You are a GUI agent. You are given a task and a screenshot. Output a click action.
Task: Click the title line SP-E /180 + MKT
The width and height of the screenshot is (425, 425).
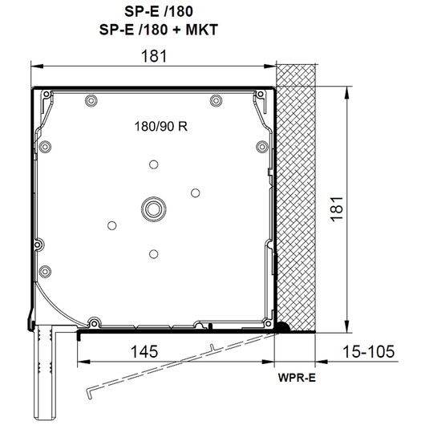159,30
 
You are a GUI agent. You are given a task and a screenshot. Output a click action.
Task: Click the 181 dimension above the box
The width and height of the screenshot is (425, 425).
154,56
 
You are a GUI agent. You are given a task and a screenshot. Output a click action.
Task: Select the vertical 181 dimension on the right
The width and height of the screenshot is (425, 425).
337,209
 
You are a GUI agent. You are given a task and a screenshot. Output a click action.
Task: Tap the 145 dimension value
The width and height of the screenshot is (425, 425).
144,351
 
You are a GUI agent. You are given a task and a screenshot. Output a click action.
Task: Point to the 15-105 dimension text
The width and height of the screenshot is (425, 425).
369,351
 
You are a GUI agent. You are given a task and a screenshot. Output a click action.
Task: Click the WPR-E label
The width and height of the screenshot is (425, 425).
297,378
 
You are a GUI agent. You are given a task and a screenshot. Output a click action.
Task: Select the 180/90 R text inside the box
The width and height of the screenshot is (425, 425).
161,127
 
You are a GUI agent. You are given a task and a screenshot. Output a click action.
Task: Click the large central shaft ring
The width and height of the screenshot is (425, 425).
154,209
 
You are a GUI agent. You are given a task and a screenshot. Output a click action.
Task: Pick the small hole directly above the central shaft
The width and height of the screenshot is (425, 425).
154,164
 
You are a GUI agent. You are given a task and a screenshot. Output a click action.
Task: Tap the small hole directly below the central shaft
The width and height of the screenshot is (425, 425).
154,254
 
